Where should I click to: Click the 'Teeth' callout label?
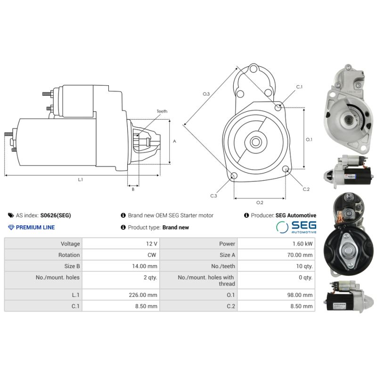[162, 111]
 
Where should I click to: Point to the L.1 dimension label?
[80, 180]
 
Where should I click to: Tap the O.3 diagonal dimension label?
[206, 94]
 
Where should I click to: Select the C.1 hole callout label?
[299, 87]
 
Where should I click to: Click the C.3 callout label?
[213, 196]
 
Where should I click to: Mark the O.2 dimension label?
[259, 203]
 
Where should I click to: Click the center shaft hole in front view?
[256, 141]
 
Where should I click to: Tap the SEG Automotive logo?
[296, 227]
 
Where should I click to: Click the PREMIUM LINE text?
[35, 227]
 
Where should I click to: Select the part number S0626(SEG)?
[56, 215]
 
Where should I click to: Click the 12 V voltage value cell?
[152, 244]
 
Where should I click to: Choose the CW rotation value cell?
[152, 255]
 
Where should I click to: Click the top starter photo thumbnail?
[347, 108]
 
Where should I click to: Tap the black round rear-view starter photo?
[349, 254]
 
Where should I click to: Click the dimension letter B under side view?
[133, 189]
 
